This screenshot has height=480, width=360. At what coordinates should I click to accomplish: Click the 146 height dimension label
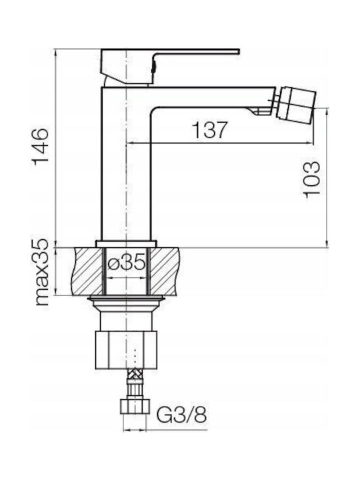pos(41,147)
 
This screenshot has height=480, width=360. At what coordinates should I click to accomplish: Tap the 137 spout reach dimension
pos(210,130)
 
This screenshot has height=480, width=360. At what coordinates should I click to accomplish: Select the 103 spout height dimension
pos(311,179)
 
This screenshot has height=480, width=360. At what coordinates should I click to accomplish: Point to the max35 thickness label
pos(41,273)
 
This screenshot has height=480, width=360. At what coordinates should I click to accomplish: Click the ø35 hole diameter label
pos(127,263)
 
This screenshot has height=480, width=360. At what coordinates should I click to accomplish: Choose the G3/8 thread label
pos(181,415)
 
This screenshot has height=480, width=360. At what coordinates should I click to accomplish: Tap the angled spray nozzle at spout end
pos(296,103)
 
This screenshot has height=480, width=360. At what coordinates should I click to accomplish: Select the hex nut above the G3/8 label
pos(135,406)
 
